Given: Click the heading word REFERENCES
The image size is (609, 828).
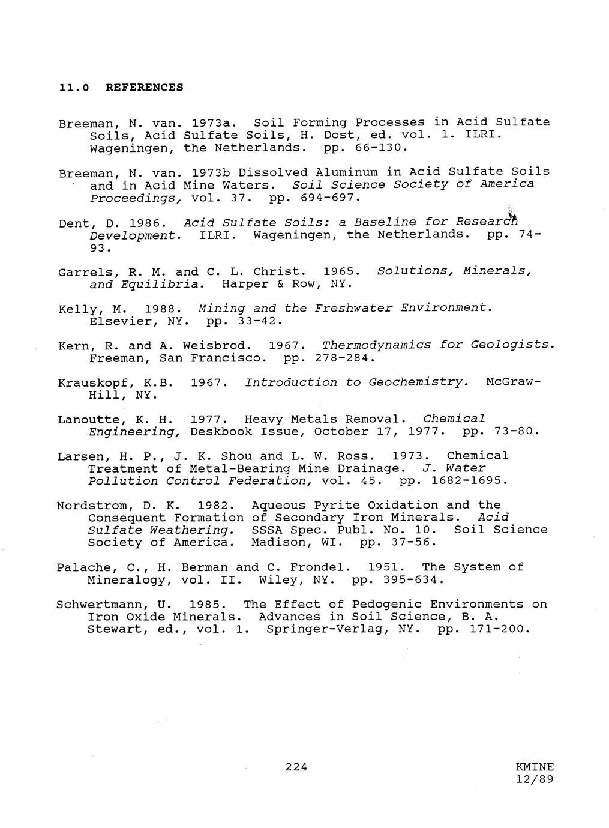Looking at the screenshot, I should (x=144, y=87).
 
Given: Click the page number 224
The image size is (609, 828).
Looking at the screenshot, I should (x=296, y=766).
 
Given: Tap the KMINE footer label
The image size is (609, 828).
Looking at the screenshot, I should (x=534, y=767).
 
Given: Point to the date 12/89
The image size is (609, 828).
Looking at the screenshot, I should (x=534, y=779).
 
